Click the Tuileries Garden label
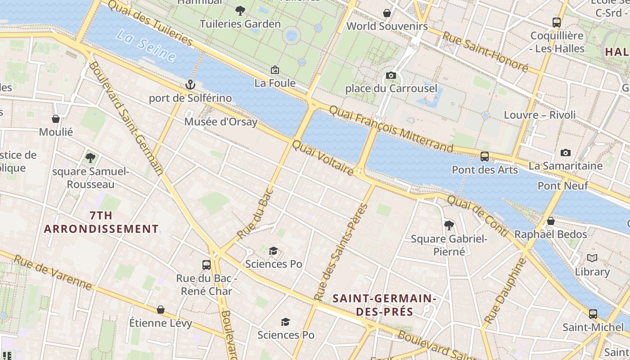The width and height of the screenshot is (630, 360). [x=240, y=24]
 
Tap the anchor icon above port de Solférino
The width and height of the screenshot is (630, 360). [x=190, y=85]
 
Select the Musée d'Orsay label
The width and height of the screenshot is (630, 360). [x=221, y=122]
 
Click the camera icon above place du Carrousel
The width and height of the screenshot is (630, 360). [x=391, y=76]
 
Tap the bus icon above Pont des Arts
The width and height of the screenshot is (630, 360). [x=485, y=157]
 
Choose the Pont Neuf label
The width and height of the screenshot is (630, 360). [x=562, y=186]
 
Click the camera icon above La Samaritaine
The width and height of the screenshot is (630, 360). [x=566, y=153]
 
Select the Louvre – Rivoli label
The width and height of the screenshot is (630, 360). [x=540, y=115]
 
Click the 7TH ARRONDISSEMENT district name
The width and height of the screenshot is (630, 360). [x=101, y=222]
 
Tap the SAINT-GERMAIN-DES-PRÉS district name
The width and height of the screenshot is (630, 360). [x=384, y=305]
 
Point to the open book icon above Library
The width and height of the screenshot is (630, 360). [x=592, y=258]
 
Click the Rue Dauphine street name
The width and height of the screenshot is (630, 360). [x=505, y=291]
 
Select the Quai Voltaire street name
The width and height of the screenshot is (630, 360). [x=323, y=158]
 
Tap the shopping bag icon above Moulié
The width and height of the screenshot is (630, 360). [x=56, y=119]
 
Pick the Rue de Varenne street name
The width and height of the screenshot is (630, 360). [x=53, y=273]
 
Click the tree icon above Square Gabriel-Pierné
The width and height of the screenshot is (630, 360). [x=449, y=225]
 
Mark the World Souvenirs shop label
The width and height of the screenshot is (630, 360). [x=387, y=26]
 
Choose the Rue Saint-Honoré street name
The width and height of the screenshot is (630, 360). [x=485, y=51]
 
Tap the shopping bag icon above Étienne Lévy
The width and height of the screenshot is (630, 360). [x=161, y=310]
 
